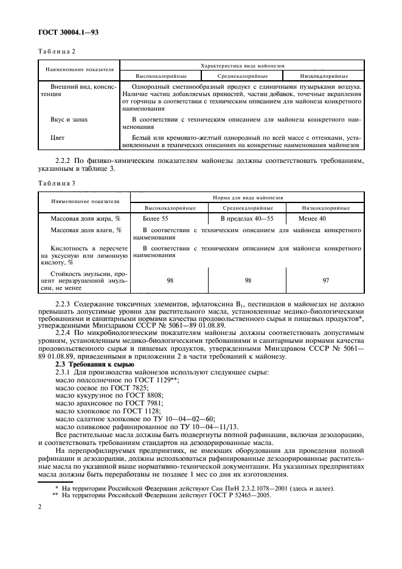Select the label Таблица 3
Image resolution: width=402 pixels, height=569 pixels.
pos(57,183)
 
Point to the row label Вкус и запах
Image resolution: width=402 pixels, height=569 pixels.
pos(69,120)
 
